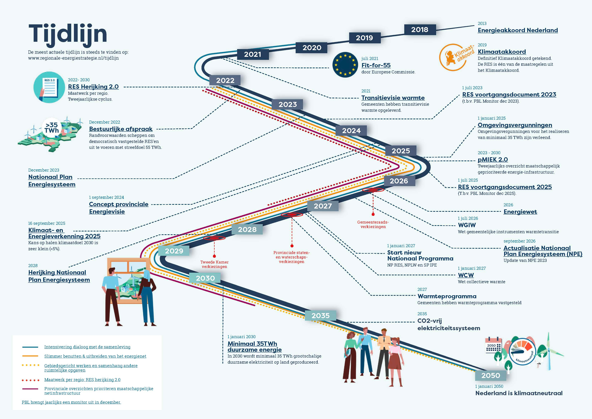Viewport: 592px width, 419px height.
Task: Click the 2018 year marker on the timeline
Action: [x=420, y=30]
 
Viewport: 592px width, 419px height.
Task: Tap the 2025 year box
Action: [x=401, y=151]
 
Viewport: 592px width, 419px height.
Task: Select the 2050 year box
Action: [x=490, y=375]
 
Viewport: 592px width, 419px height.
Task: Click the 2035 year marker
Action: [x=321, y=315]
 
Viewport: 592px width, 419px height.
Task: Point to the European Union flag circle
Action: [x=345, y=65]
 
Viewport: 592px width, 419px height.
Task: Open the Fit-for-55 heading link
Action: [x=376, y=65]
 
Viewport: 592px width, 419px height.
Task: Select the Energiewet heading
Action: [x=520, y=212]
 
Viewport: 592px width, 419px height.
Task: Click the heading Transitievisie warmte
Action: [x=393, y=98]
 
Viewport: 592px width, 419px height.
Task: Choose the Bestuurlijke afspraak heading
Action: [x=121, y=129]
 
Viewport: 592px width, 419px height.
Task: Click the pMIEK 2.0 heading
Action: [x=492, y=160]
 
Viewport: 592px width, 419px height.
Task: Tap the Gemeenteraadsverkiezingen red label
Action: [x=373, y=224]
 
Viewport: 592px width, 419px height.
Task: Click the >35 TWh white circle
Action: [x=52, y=128]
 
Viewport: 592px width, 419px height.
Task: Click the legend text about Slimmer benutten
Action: [x=95, y=356]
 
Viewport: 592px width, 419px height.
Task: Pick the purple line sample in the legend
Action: [x=30, y=389]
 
